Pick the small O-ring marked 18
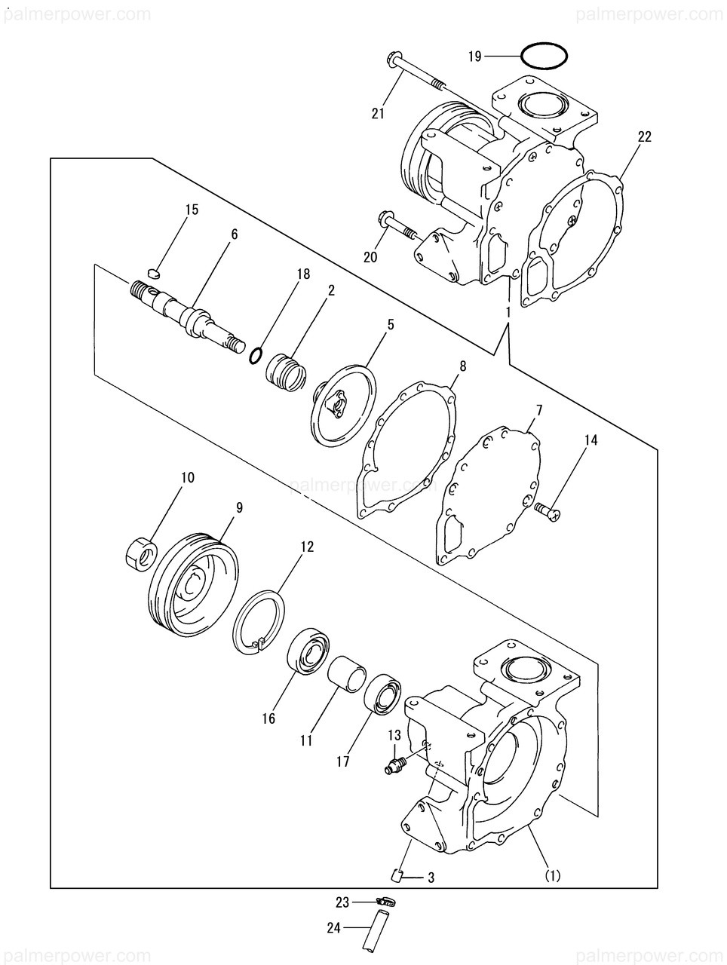[256, 354]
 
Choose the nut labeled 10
[140, 555]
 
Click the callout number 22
[643, 136]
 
